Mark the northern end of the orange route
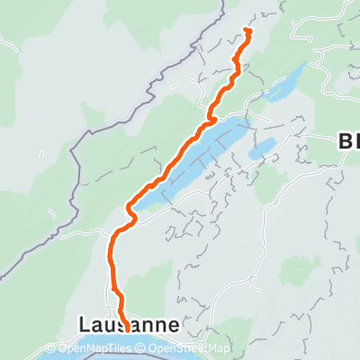point(246,31)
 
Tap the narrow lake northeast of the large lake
point(286,83)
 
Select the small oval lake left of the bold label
point(263,148)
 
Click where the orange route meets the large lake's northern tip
point(213,117)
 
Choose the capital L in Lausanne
point(85,323)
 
